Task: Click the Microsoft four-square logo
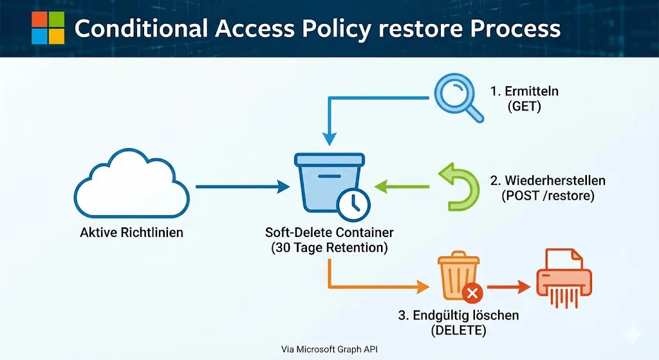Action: [x=48, y=28]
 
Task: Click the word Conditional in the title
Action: [x=141, y=28]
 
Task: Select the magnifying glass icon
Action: [x=458, y=98]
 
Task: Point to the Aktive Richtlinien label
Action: [x=131, y=232]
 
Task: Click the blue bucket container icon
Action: [x=329, y=183]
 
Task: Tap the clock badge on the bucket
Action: [x=354, y=205]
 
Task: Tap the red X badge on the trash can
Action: [x=472, y=293]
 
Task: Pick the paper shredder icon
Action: [x=564, y=278]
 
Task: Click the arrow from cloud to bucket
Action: [x=243, y=186]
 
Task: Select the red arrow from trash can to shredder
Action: [x=509, y=287]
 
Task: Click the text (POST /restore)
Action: [x=548, y=196]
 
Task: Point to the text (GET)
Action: [x=524, y=106]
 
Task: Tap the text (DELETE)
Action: [x=458, y=330]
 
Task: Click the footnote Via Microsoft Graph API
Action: [x=329, y=349]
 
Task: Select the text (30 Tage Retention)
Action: [x=329, y=248]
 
